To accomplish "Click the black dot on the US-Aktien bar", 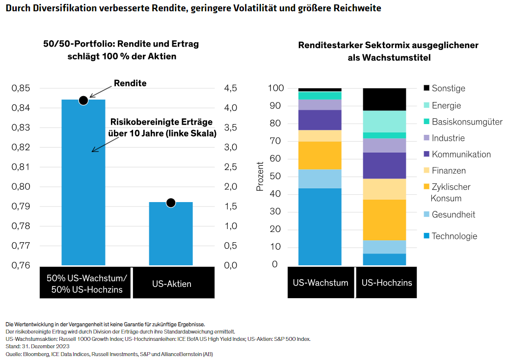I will [x=171, y=203].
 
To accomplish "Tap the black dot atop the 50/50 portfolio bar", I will [x=83, y=100].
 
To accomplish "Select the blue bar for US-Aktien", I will [x=171, y=235].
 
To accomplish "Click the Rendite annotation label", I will [x=130, y=83].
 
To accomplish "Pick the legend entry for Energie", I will [x=446, y=105].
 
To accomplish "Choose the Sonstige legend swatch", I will [x=427, y=88].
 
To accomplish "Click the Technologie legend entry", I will [x=454, y=236].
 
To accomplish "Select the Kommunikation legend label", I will [x=461, y=154].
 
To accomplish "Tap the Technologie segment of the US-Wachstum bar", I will [x=320, y=227].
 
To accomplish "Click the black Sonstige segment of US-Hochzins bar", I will [x=384, y=99].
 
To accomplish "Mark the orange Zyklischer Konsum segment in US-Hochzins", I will [x=384, y=219].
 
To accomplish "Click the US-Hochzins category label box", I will [x=386, y=283].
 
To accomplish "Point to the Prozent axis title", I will [x=260, y=176].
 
